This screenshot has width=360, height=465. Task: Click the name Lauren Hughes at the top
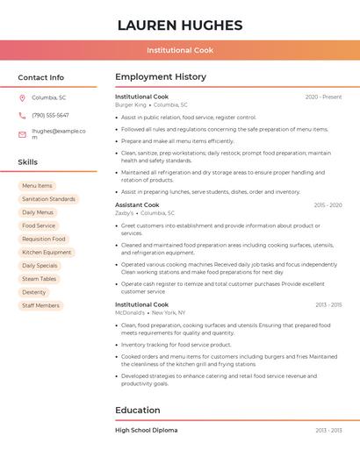click(x=180, y=25)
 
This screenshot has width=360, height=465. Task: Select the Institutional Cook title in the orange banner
click(x=180, y=50)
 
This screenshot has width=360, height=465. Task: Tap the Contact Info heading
click(x=41, y=77)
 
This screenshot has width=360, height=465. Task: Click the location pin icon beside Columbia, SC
click(x=22, y=97)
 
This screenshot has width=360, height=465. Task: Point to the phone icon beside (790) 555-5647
click(x=22, y=116)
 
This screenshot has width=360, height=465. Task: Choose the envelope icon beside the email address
click(x=22, y=134)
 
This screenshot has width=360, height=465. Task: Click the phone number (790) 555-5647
click(x=50, y=116)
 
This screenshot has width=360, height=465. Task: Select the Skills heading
click(x=28, y=162)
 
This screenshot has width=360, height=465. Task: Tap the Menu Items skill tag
click(x=37, y=186)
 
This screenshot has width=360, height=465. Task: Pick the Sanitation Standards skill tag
click(x=48, y=199)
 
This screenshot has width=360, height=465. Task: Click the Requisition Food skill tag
click(x=44, y=239)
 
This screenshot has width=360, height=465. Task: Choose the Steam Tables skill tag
click(x=40, y=279)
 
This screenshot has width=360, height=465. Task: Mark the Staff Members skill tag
click(x=40, y=305)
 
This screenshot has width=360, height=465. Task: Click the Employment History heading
click(x=161, y=77)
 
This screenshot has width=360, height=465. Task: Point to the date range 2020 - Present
click(x=323, y=97)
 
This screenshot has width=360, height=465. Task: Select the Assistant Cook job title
click(x=138, y=204)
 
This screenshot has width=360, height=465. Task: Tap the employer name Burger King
click(x=131, y=104)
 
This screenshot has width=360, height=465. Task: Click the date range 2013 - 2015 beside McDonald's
click(x=328, y=304)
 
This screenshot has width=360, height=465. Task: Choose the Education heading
click(x=140, y=410)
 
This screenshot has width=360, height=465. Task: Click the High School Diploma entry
click(x=147, y=430)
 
